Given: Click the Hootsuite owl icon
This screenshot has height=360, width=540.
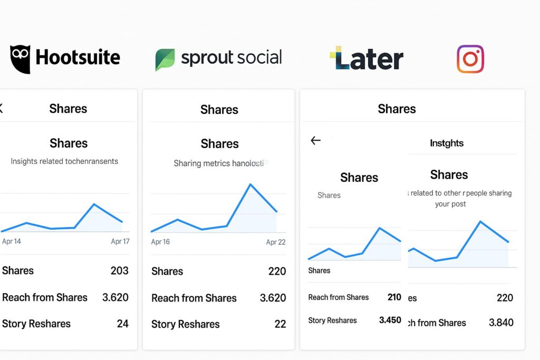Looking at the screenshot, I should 20,58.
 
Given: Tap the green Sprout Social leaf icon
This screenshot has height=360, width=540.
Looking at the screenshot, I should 165,60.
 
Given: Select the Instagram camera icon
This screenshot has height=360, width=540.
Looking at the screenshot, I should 470,59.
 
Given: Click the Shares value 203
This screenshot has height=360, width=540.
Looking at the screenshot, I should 119,270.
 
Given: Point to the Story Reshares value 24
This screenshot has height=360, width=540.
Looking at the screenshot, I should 122,324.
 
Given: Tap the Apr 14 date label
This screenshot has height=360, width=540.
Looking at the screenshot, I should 12,241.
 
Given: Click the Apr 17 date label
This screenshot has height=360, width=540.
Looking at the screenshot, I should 120,241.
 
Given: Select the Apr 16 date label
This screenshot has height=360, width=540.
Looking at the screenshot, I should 160,242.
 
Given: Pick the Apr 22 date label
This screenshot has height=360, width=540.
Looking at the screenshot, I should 275,242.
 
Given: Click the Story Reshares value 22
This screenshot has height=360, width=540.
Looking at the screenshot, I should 280,324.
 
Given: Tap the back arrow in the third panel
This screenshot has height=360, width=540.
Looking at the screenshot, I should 315,140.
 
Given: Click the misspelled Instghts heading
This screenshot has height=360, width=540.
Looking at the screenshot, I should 447,143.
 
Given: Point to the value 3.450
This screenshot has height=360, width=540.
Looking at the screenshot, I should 390,320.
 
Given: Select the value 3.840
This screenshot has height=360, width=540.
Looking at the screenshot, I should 501,323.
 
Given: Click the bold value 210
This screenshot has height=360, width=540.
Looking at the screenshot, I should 394,297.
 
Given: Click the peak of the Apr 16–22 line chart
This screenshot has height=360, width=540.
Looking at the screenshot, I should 250,184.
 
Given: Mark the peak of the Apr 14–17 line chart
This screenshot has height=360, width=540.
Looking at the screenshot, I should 94,204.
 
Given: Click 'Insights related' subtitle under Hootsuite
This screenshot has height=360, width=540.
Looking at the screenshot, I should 64,161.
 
